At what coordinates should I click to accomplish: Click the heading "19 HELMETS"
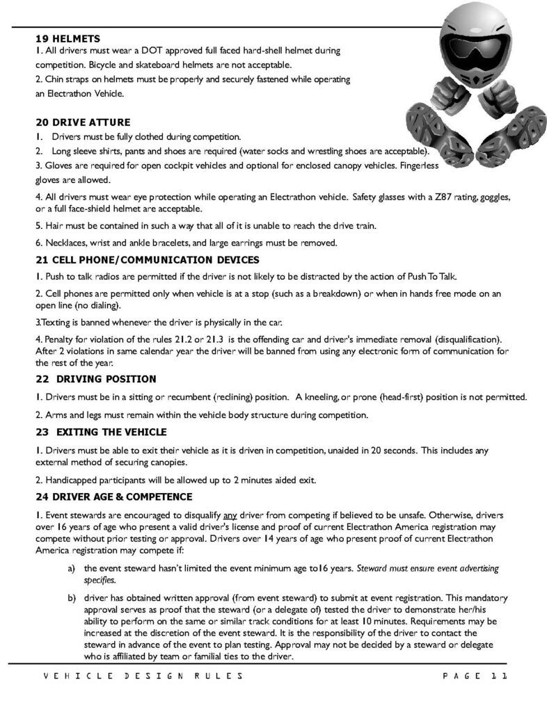pos(67,39)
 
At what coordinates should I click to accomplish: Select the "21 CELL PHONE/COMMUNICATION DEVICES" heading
pos(147,260)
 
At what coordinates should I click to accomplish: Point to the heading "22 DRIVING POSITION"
pos(95,379)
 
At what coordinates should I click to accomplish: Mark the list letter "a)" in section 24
pos(71,568)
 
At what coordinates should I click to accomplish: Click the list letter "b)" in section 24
pos(71,597)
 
